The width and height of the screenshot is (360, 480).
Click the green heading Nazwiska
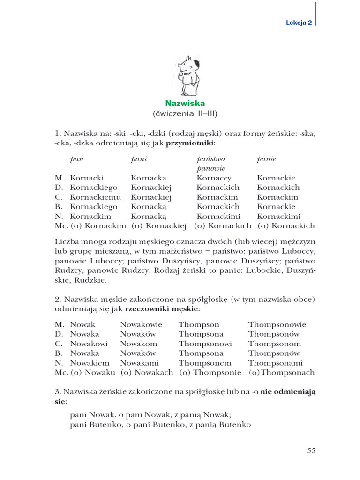(x=185, y=103)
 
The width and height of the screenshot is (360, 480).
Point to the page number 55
(x=311, y=450)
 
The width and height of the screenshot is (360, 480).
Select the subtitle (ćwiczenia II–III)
(x=185, y=114)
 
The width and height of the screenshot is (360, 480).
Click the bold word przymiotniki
(x=193, y=142)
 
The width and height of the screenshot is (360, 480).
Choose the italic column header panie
(x=267, y=159)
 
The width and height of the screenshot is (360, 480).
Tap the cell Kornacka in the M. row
(x=149, y=178)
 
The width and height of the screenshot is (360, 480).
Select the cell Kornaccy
(x=214, y=178)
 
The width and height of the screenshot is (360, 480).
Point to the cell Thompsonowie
(x=277, y=324)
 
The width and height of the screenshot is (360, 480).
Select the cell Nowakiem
(x=90, y=363)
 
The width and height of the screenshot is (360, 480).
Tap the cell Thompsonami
(x=275, y=363)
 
